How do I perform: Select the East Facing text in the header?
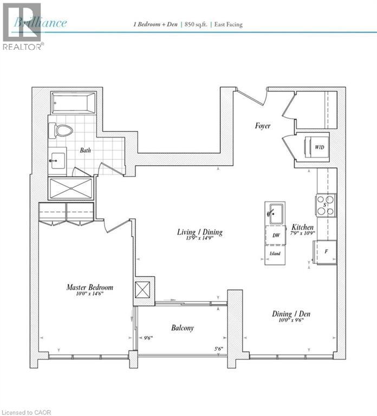coord(227,24)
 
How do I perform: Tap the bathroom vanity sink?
coord(57,161)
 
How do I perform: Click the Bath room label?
coord(86,151)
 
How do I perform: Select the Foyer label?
coord(263,126)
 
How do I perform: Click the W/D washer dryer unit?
coord(315,146)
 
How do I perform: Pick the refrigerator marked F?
coord(325,252)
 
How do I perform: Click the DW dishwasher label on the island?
coord(276,235)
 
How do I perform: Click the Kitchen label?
coord(302,227)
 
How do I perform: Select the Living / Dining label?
coord(200,232)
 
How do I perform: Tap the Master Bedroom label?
coord(90,287)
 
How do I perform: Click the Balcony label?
coord(183,328)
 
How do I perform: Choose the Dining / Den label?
coord(291,314)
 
